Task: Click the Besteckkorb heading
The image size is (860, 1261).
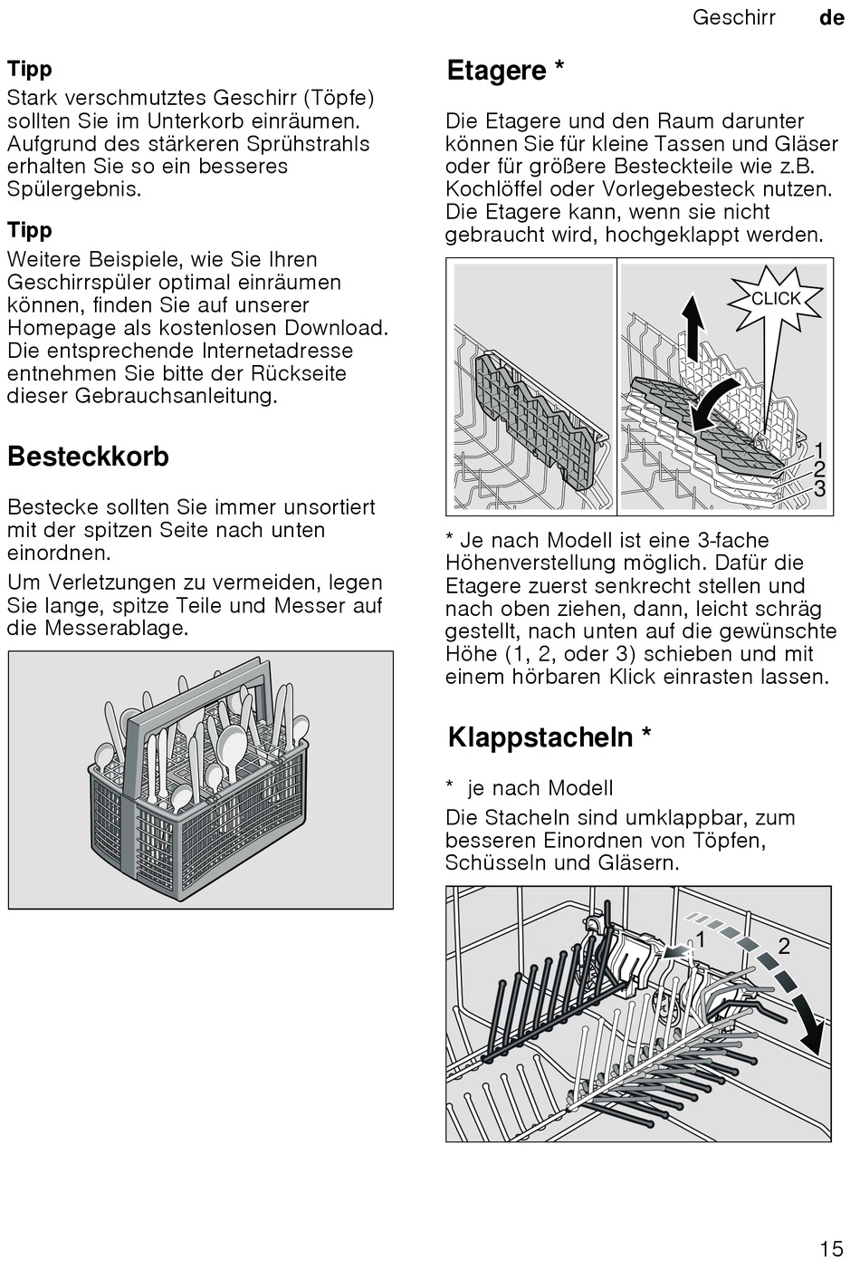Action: [x=88, y=457]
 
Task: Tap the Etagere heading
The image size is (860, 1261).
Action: [x=505, y=71]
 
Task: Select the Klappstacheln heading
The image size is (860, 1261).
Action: [x=549, y=737]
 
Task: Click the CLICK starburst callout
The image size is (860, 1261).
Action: [x=776, y=299]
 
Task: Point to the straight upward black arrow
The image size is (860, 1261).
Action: [x=692, y=326]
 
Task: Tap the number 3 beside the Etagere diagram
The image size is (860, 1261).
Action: [x=819, y=489]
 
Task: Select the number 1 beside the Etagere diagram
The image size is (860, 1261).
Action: [x=819, y=450]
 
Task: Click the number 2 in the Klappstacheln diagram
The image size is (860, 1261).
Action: [x=784, y=946]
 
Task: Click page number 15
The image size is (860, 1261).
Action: [x=831, y=1249]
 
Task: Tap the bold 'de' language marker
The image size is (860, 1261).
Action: [x=831, y=17]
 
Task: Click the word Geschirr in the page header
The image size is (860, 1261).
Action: [x=733, y=17]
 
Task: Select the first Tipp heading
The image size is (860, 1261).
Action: [x=30, y=69]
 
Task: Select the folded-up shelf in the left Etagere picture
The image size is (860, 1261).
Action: [x=534, y=417]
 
